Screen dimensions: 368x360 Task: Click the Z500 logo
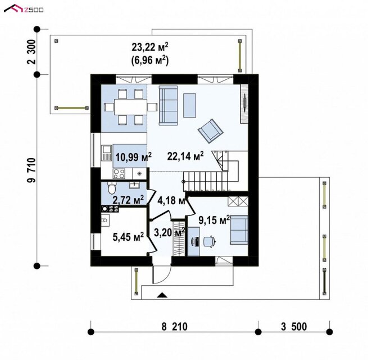[x=24, y=9]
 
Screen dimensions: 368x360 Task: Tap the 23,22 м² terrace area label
[x=150, y=48]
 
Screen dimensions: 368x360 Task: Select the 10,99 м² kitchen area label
[x=133, y=157]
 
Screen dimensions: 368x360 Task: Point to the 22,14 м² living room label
[x=185, y=156]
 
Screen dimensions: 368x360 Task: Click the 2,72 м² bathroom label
[x=128, y=200]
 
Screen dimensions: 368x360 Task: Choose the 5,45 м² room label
[x=128, y=237]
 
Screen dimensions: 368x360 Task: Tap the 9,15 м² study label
[x=214, y=220]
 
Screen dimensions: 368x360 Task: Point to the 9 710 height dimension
[x=31, y=170]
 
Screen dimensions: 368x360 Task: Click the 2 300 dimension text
[x=31, y=52]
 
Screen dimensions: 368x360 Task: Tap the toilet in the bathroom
[x=112, y=187]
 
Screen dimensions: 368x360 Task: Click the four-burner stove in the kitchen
[x=119, y=174]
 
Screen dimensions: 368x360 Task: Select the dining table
[x=130, y=107]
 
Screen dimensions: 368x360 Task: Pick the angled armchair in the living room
[x=210, y=130]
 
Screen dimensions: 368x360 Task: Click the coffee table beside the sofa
[x=190, y=105]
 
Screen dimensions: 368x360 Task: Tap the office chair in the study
[x=209, y=241]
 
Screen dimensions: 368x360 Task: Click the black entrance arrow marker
[x=161, y=295]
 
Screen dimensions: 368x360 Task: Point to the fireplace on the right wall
[x=244, y=103]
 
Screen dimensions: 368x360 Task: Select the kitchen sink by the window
[x=107, y=153]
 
